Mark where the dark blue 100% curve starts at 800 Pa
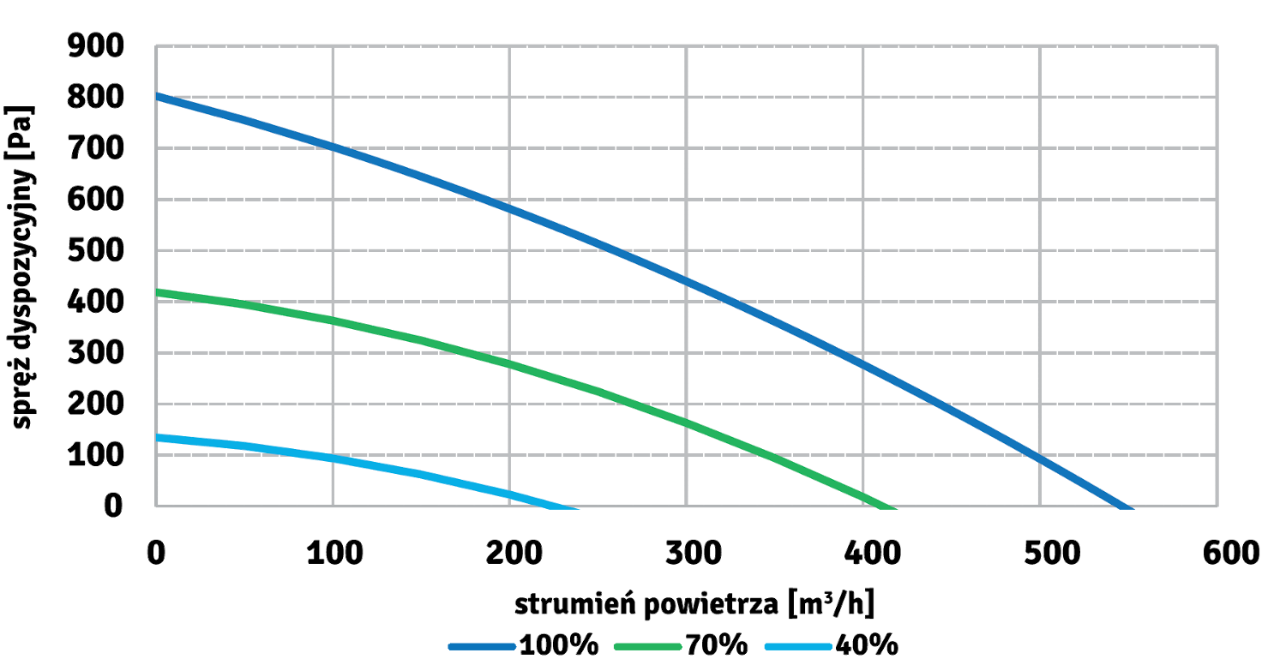click(x=156, y=95)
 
